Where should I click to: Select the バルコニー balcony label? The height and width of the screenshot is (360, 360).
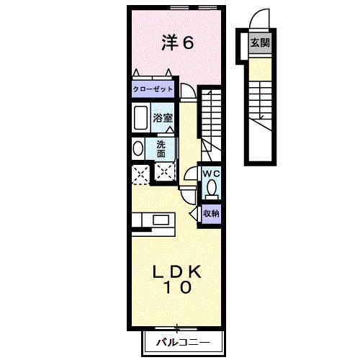coord(183,342)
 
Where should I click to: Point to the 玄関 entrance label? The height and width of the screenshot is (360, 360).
coord(260,43)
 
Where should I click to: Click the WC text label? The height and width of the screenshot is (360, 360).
coord(210,174)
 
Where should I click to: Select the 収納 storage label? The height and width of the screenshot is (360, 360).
coord(210,212)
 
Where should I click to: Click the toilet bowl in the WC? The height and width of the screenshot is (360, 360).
coord(211,189)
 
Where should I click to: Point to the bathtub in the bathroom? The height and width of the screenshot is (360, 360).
coord(140,117)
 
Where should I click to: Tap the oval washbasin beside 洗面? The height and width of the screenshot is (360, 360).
coord(138,148)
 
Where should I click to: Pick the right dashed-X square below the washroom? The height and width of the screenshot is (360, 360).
coord(165,173)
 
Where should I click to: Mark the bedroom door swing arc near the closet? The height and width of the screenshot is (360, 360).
coord(186,89)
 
